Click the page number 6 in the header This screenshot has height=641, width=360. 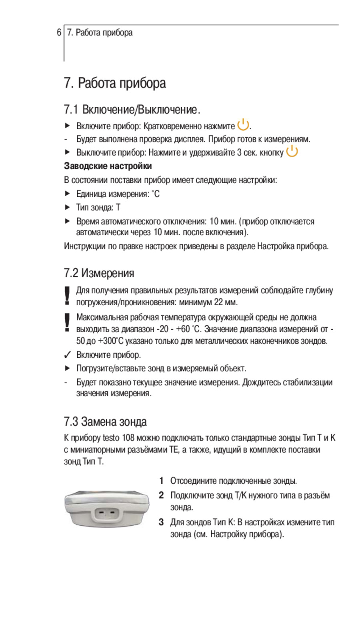coord(59,32)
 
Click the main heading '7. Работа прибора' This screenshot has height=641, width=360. coord(115,83)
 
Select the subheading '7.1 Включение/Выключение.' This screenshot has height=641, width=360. coord(132,109)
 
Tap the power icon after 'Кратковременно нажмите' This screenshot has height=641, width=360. coord(243,125)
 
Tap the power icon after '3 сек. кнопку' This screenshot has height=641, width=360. coord(292,151)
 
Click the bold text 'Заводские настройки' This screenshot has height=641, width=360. coord(108,166)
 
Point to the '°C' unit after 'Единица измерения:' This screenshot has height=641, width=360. coord(155,194)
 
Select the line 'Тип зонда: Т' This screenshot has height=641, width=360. coord(98,207)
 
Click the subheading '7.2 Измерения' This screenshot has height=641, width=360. coord(99,273)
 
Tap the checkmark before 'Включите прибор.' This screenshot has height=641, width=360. coord(67,355)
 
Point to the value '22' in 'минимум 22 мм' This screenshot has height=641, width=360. coord(219,302)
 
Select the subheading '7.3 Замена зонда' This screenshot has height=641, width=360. coord(105,421)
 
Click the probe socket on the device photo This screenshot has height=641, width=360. coord(107,513)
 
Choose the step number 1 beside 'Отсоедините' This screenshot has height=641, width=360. coord(161,481)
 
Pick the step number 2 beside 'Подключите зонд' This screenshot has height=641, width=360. coord(161,495)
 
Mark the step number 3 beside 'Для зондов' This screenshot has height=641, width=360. coord(161,522)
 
